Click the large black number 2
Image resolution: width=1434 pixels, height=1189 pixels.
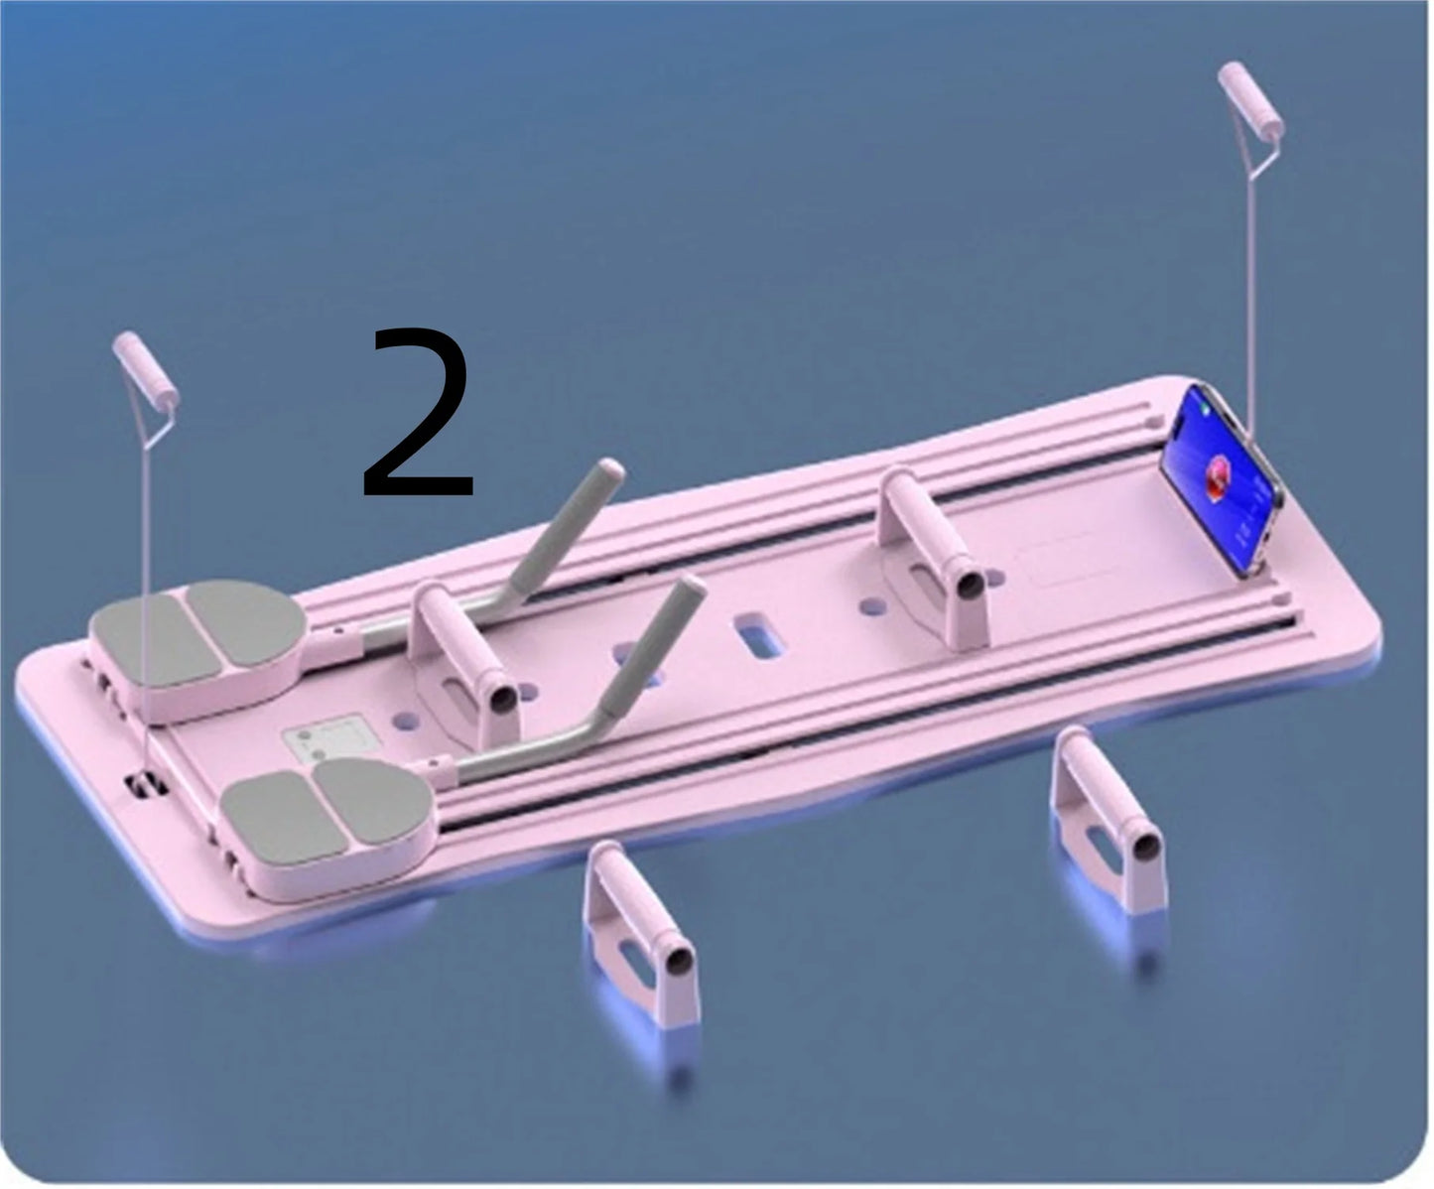pyautogui.click(x=419, y=413)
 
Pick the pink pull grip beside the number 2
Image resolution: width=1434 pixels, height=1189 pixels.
pyautogui.click(x=146, y=371)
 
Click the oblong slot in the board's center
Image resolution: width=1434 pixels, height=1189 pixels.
pyautogui.click(x=759, y=636)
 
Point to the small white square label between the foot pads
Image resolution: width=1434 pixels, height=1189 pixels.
pyautogui.click(x=328, y=740)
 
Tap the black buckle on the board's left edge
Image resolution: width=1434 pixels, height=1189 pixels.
pyautogui.click(x=146, y=784)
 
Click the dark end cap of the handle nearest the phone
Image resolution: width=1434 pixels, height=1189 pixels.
pyautogui.click(x=971, y=585)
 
